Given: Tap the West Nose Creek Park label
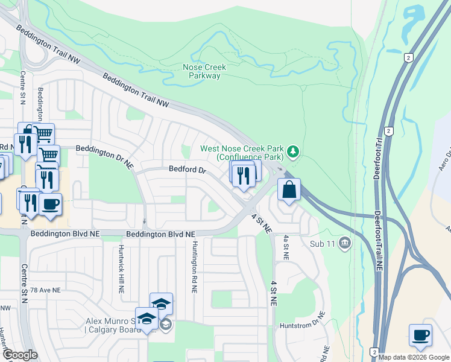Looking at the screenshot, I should [x=242, y=148].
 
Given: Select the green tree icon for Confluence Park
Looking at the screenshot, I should [x=293, y=151].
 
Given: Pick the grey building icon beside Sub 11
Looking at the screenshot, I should [x=344, y=244].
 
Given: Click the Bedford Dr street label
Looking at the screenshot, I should [x=188, y=170].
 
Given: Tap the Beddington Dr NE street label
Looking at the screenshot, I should [x=104, y=154].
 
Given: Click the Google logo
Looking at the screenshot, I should [x=20, y=355].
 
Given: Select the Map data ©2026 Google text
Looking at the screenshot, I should [x=414, y=357].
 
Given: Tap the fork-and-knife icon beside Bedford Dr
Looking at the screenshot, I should [x=243, y=176].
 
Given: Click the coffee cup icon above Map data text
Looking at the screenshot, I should [x=420, y=334].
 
